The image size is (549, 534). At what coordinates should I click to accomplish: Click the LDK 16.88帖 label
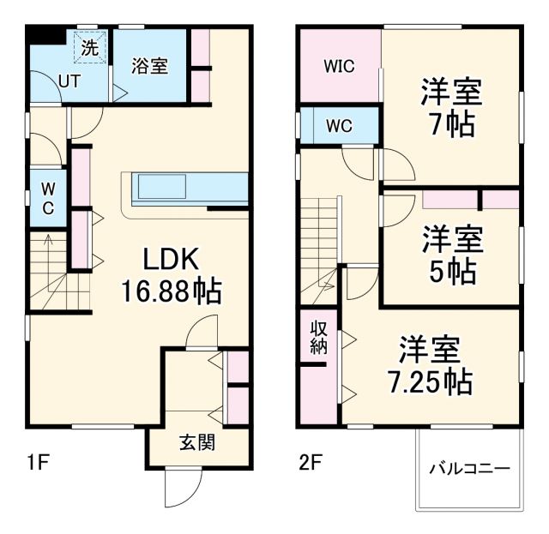point(171,275)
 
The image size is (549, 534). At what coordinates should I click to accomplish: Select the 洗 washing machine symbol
point(89,48)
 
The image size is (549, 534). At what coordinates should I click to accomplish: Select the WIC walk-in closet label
point(339,66)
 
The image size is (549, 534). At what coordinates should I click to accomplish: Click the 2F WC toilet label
point(339,126)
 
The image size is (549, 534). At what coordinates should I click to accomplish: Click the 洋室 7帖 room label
point(450,107)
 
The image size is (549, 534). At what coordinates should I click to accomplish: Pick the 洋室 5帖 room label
point(450,255)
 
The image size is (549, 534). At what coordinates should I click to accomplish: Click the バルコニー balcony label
point(468,469)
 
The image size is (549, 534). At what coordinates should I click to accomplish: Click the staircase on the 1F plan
point(58,272)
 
